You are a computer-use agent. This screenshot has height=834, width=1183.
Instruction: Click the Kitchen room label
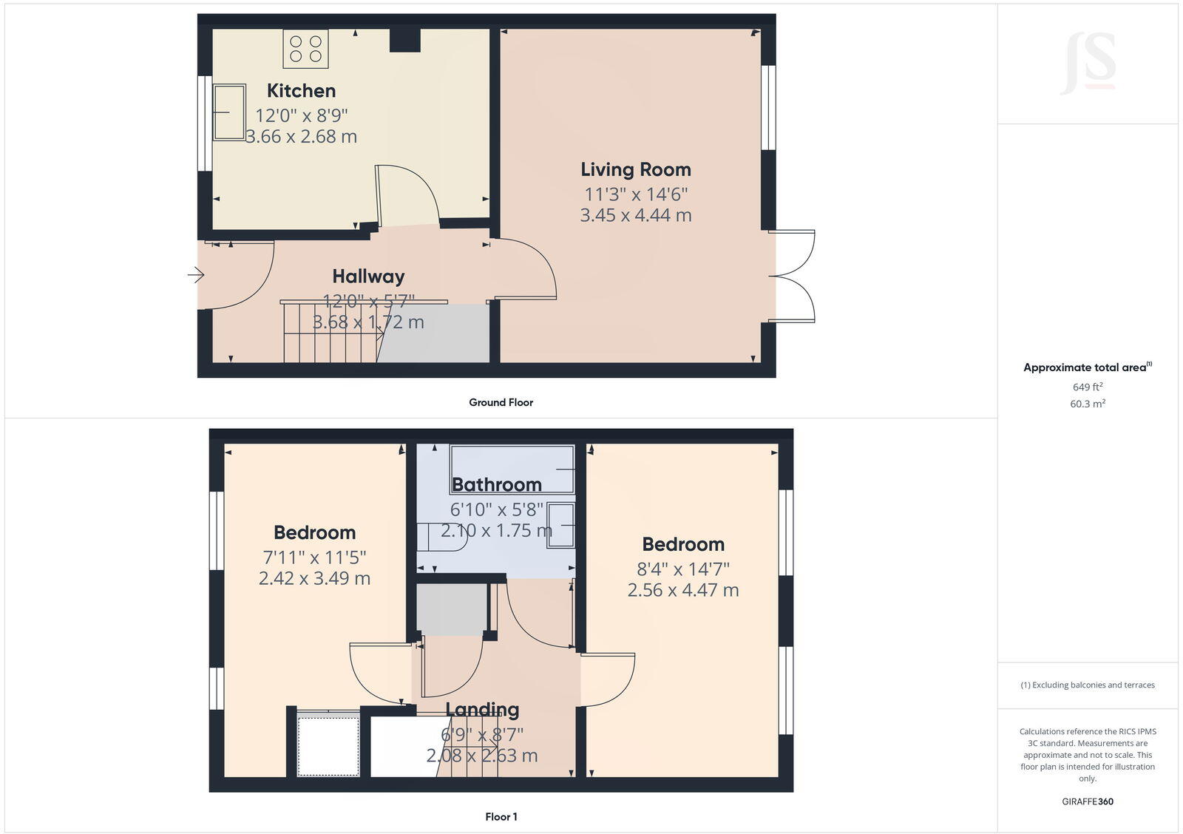pyautogui.click(x=301, y=91)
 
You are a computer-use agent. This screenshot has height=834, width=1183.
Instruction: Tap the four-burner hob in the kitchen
pyautogui.click(x=305, y=49)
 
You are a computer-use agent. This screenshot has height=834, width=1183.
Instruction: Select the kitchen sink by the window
pyautogui.click(x=229, y=112)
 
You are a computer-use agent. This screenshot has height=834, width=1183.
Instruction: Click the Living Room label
pyautogui.click(x=635, y=169)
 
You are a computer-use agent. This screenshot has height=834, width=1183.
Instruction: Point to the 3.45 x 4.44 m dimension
pyautogui.click(x=635, y=215)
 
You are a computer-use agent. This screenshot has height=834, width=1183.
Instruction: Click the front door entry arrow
pyautogui.click(x=195, y=275)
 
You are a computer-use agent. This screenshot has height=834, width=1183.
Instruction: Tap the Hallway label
pyautogui.click(x=368, y=277)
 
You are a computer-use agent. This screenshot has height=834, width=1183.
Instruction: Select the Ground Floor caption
pyautogui.click(x=501, y=402)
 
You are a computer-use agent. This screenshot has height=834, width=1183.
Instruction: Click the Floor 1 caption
pyautogui.click(x=501, y=816)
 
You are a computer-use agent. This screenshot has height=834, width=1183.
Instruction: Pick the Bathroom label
pyautogui.click(x=496, y=484)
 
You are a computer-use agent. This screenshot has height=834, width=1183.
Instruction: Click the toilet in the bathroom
pyautogui.click(x=442, y=536)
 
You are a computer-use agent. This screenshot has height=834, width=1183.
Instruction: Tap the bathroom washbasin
pyautogui.click(x=560, y=526)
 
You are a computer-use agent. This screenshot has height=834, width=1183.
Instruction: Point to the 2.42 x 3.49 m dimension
pyautogui.click(x=314, y=578)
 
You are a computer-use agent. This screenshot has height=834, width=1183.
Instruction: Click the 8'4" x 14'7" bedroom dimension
pyautogui.click(x=682, y=569)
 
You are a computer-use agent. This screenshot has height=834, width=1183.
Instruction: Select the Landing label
pyautogui.click(x=482, y=710)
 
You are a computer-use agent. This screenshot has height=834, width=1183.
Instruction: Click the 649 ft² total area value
pyautogui.click(x=1087, y=387)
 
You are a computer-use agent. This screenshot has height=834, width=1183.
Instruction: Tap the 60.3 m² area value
pyautogui.click(x=1087, y=404)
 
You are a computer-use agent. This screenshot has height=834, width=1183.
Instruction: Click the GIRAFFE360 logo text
pyautogui.click(x=1087, y=801)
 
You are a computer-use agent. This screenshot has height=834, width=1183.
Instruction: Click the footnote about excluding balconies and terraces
pyautogui.click(x=1087, y=685)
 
